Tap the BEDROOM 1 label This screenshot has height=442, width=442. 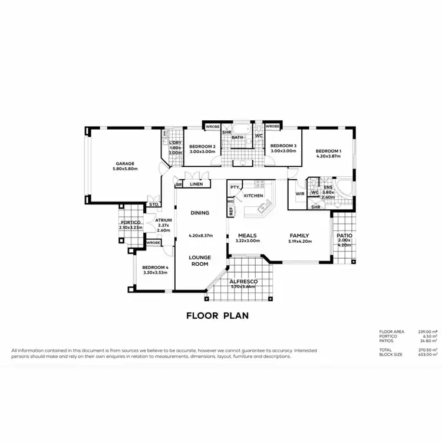coord(328,150)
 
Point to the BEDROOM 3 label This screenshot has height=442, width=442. coord(283,146)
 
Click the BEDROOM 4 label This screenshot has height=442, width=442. coord(156,268)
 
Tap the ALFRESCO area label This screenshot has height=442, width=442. coord(242,282)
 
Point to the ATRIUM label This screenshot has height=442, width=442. coord(163,220)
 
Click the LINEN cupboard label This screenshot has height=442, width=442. coord(196,184)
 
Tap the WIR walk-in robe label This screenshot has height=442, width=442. coord(299,193)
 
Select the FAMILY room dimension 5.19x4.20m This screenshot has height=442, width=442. coord(299,241)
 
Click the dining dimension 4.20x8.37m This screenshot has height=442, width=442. coord(200,236)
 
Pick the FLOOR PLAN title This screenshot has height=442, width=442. coord(217,315)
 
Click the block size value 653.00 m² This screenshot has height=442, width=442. coord(428,355)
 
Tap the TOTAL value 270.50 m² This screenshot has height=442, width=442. coord(428,350)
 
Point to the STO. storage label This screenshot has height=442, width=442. coord(153,204)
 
